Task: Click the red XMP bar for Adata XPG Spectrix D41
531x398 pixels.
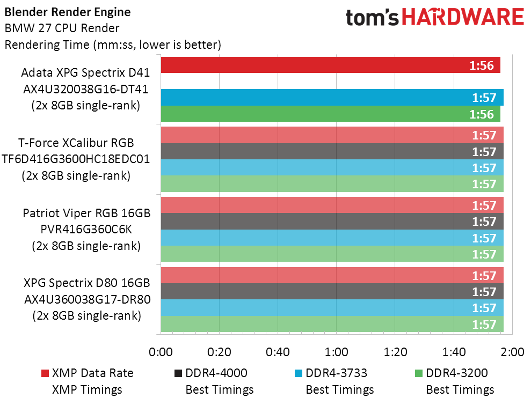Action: point(331,65)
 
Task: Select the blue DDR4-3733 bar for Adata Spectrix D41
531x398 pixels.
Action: point(332,98)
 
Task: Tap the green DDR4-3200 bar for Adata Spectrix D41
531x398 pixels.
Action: point(331,114)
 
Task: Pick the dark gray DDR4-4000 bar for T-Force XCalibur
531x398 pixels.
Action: point(332,151)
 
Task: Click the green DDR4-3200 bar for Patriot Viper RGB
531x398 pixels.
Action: point(332,254)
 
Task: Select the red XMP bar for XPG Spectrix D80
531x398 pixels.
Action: point(332,275)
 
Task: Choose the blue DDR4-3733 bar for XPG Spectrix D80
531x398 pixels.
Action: point(332,308)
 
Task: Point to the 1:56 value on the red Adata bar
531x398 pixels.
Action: point(482,65)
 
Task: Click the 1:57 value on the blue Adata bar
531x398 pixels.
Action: point(484,98)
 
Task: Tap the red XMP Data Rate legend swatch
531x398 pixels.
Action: point(45,373)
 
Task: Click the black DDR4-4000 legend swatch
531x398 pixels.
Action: point(178,373)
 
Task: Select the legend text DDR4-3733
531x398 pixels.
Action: point(336,373)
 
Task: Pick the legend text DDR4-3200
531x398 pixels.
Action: point(456,373)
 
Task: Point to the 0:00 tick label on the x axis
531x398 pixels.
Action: point(161,352)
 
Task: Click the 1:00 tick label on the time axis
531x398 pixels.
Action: point(336,352)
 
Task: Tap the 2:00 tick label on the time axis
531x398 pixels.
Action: point(512,352)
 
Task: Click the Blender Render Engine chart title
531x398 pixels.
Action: point(68,12)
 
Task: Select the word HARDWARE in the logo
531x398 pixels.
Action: point(463,17)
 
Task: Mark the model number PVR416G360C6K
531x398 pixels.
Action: point(86,230)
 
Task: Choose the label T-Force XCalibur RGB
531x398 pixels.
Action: point(76,143)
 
